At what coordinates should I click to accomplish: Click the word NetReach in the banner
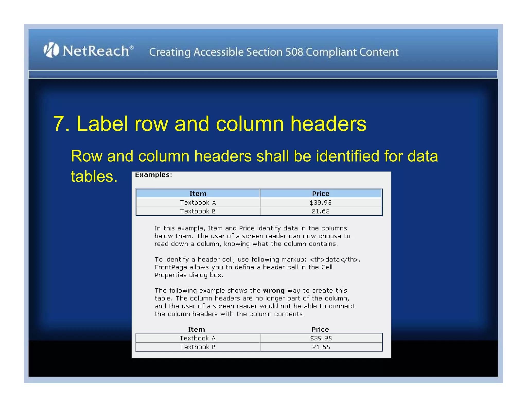(x=96, y=51)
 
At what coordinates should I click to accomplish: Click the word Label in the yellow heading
(x=102, y=124)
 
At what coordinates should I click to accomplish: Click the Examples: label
(x=153, y=175)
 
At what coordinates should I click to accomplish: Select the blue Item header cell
(x=198, y=193)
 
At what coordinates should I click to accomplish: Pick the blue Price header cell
(x=321, y=193)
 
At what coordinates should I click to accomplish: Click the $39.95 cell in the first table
(x=321, y=202)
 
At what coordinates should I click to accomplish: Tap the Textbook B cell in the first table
(x=198, y=211)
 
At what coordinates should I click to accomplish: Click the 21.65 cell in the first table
(x=321, y=211)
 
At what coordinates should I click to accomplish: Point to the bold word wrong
(x=274, y=290)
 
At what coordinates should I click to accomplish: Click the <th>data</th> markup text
(x=334, y=259)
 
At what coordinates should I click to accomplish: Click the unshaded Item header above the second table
(x=196, y=329)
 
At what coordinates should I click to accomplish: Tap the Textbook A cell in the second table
(x=198, y=338)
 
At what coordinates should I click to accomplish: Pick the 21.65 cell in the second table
(x=321, y=347)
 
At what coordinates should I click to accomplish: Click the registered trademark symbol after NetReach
(x=131, y=47)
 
